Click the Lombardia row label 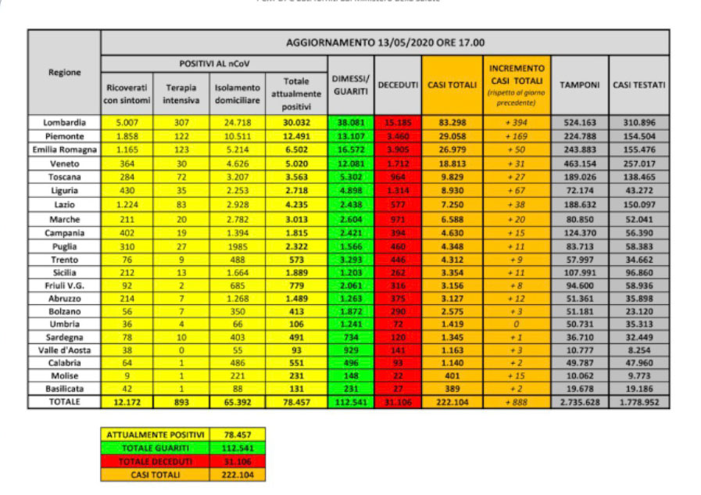click(x=64, y=122)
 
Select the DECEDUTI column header click(x=398, y=84)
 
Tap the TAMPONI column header click(x=580, y=84)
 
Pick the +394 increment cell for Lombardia click(x=516, y=122)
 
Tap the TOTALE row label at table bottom click(x=64, y=400)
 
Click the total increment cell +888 click(x=516, y=400)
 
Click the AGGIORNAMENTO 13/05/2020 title click(x=384, y=42)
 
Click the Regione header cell click(x=64, y=72)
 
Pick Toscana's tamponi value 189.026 click(x=580, y=178)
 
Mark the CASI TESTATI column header click(x=638, y=84)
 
